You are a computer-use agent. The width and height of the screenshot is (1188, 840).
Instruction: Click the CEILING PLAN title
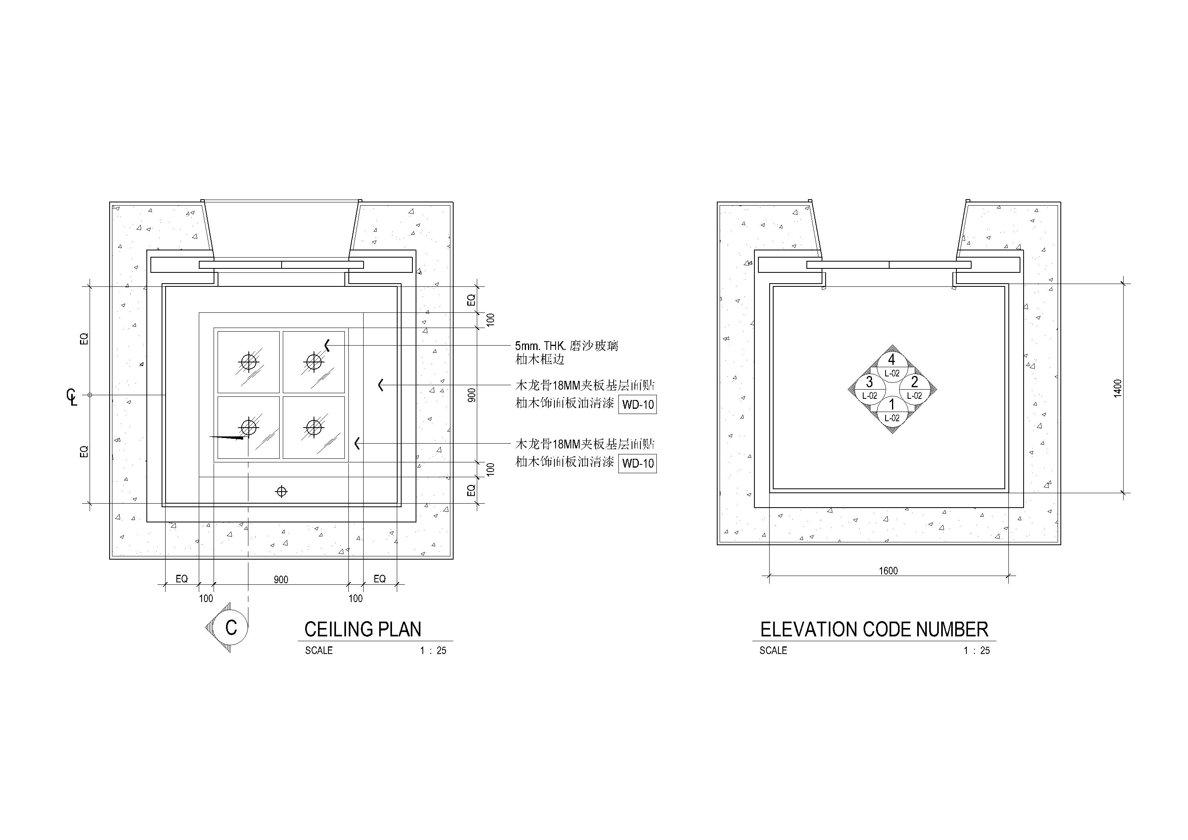tap(363, 629)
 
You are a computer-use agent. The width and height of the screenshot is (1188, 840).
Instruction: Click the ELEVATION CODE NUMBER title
tap(874, 629)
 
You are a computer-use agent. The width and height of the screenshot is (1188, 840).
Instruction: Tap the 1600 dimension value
tap(888, 571)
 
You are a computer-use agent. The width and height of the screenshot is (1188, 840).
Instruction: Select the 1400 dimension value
tap(1118, 388)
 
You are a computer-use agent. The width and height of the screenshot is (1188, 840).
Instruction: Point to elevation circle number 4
tap(892, 365)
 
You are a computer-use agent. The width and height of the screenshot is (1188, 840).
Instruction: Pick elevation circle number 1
tap(892, 410)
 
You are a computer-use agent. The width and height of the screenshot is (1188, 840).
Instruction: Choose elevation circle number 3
tap(869, 388)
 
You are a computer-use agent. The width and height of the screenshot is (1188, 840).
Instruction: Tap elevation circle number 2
tap(914, 388)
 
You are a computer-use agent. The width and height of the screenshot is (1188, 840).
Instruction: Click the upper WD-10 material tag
tap(638, 404)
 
